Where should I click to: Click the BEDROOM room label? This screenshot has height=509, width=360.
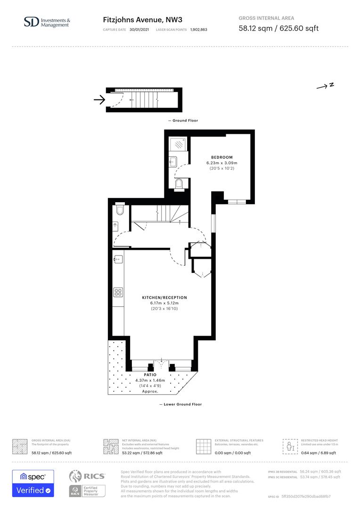[221, 157]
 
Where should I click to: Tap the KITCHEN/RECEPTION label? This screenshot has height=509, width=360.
[164, 298]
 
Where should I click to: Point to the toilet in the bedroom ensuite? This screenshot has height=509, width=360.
[179, 184]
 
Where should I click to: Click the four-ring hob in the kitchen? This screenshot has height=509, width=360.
[118, 292]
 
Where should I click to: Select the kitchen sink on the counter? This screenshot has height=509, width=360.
[118, 259]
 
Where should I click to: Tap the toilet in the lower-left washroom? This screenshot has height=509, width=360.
[120, 210]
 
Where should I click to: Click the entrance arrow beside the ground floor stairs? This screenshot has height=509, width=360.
[99, 99]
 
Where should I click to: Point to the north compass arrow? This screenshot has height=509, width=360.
[325, 86]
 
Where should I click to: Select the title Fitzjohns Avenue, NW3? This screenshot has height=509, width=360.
[142, 20]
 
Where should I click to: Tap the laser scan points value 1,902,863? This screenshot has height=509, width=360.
[198, 30]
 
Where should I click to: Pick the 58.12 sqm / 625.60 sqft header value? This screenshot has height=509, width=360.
[278, 28]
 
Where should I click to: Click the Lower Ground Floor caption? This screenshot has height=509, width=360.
[180, 404]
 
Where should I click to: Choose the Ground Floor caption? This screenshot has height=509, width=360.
[183, 121]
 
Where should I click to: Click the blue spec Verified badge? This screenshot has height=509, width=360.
[33, 483]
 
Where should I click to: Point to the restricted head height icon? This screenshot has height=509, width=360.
[289, 446]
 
